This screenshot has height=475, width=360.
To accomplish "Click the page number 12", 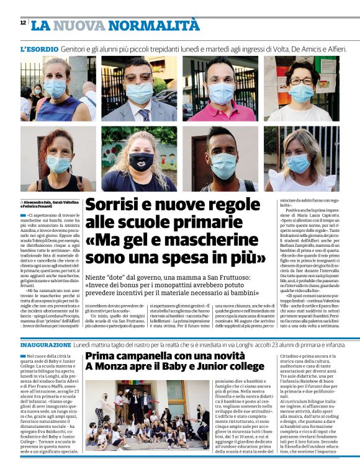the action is (22, 23).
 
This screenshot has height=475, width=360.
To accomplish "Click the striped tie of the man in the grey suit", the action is (144, 114).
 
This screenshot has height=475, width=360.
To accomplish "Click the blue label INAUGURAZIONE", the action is (46, 344).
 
